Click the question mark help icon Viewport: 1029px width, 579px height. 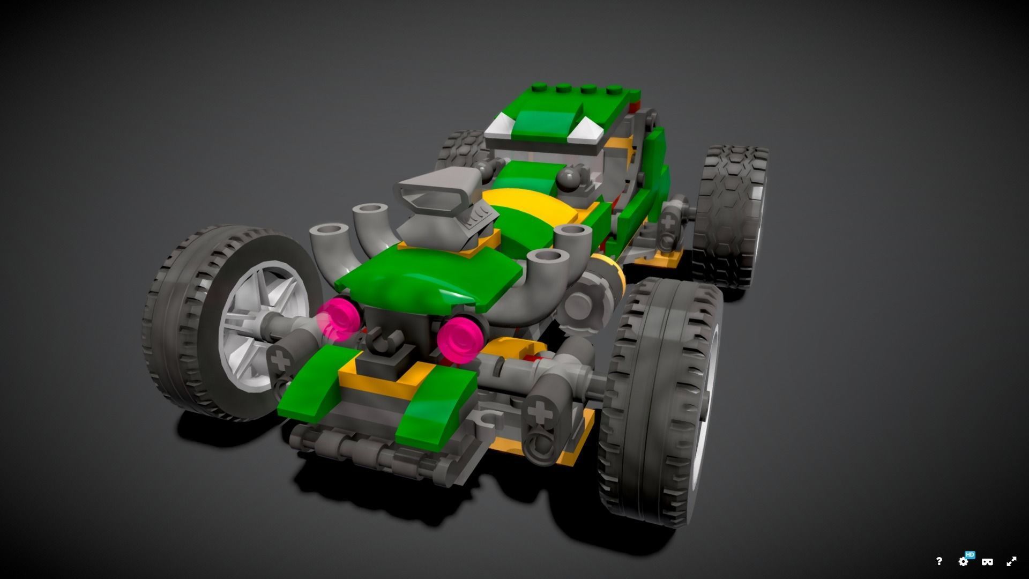pyautogui.click(x=939, y=561)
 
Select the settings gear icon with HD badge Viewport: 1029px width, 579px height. pyautogui.click(x=964, y=561)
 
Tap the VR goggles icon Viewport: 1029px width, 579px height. pyautogui.click(x=987, y=562)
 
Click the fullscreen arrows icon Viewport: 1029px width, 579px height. pyautogui.click(x=1011, y=561)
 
